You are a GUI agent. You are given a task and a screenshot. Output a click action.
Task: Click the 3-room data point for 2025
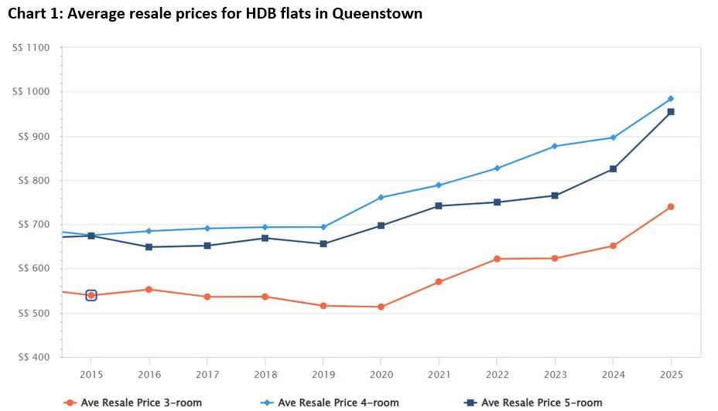coord(671,207)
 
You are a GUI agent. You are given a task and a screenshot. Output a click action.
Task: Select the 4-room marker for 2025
coord(671,99)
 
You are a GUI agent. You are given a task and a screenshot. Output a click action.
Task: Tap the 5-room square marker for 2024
coord(613,169)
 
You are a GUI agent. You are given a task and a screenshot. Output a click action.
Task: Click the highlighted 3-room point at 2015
coord(91,295)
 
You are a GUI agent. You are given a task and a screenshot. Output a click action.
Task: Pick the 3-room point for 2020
coord(381,307)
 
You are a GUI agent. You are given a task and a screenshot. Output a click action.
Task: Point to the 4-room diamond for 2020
coord(381,198)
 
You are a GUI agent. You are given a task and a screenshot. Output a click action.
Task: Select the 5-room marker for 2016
coord(149,247)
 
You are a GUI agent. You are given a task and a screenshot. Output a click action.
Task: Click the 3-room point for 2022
coord(497,259)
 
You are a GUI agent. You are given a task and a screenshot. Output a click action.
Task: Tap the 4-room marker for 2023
coord(555,146)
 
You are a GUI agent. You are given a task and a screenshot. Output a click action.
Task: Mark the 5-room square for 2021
coord(439,206)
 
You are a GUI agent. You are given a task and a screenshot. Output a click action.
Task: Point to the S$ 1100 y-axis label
coord(32,48)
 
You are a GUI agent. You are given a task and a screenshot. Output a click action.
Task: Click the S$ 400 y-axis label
coord(32,358)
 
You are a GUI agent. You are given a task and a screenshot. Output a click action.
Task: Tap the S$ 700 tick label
coord(32,225)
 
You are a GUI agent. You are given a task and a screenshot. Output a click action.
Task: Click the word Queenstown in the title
coord(378,14)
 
